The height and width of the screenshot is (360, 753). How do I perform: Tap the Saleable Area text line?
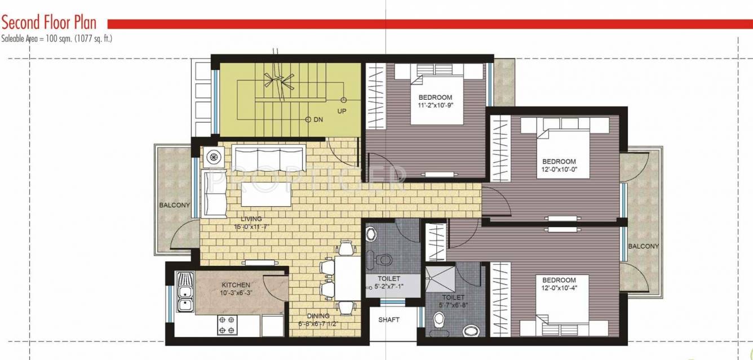pos(57,39)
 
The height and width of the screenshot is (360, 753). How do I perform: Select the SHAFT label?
pos(389,320)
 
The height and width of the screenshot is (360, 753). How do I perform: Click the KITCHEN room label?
pos(236,285)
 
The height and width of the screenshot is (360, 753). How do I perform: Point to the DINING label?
pos(317,316)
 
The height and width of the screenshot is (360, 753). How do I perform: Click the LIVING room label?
pos(251,219)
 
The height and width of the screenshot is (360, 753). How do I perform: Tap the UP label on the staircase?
pos(342,111)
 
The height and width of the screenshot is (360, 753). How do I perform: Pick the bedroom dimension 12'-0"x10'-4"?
pos(559,288)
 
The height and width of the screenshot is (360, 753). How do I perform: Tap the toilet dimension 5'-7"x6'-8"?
pos(453,305)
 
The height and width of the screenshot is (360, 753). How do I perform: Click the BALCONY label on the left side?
pos(174,205)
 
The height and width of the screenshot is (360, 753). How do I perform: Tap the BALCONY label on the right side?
pos(643,246)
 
